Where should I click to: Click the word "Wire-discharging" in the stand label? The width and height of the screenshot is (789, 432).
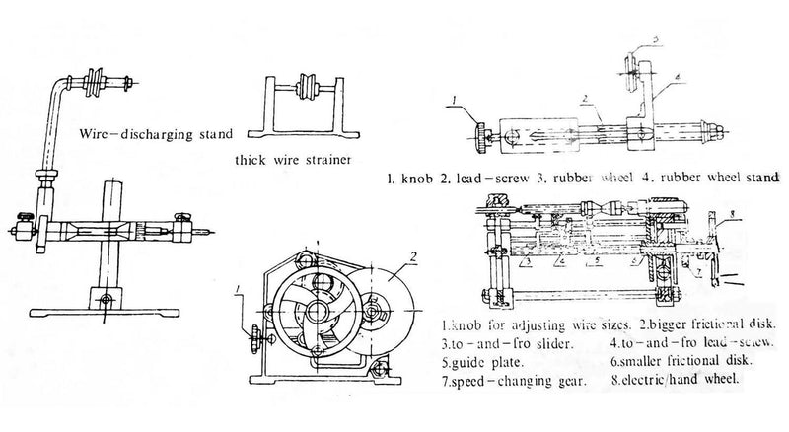(120, 131)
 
